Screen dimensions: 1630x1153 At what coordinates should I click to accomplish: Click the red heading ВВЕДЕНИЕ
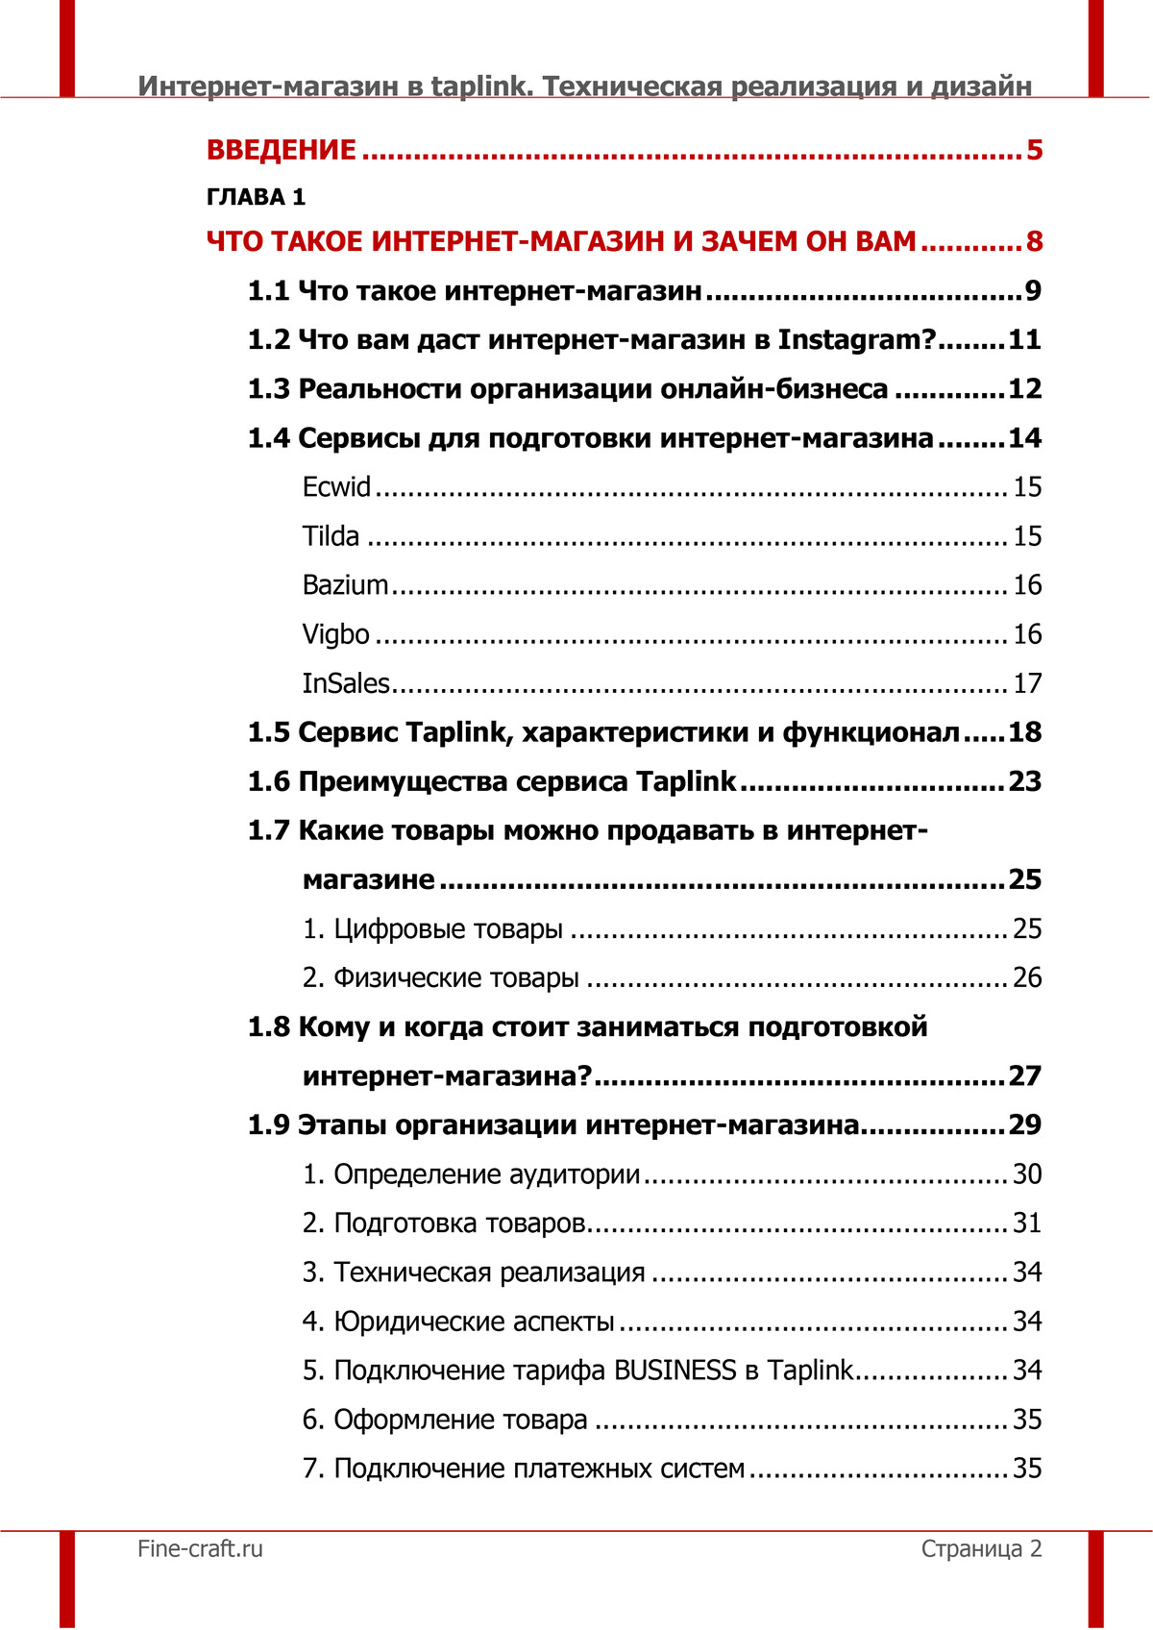click(282, 150)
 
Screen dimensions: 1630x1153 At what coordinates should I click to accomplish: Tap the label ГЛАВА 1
click(256, 197)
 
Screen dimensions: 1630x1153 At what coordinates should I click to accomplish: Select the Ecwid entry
click(336, 487)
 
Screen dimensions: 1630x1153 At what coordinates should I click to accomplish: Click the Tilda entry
click(331, 536)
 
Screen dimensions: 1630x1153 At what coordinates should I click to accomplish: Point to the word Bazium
click(345, 585)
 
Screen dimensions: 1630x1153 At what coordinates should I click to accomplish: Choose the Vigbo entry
click(335, 634)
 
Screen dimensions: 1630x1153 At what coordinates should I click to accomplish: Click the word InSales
click(346, 683)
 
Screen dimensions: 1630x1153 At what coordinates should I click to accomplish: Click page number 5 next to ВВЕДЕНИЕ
click(1034, 150)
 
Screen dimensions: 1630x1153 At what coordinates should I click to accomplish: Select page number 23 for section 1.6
click(1024, 781)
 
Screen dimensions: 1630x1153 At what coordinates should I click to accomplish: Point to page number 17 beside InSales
click(1027, 683)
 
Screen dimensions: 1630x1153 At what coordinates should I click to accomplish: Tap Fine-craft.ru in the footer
click(200, 1548)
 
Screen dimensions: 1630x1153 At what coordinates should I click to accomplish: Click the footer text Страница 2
click(981, 1548)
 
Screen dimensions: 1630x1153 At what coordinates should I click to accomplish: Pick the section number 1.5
click(268, 732)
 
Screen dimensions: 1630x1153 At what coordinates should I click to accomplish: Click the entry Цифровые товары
click(448, 929)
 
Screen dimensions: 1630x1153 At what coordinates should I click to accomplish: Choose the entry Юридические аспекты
click(474, 1321)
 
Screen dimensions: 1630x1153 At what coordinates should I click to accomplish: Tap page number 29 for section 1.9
click(1024, 1124)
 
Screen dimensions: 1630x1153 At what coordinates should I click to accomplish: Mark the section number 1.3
click(268, 389)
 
